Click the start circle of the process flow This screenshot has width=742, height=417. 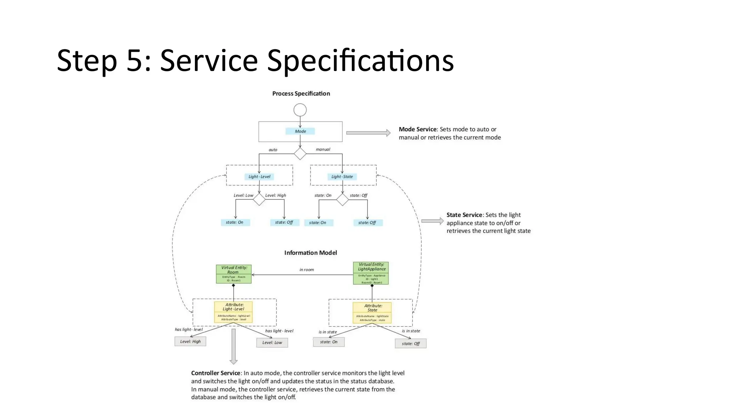300,110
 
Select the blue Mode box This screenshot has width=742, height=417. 300,131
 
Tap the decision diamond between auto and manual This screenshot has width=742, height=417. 300,153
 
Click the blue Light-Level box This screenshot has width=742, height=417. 259,177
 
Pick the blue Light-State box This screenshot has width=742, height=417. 342,177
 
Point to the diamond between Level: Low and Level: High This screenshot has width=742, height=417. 259,199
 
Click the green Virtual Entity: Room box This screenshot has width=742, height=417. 234,274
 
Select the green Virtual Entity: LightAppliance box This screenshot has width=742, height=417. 371,273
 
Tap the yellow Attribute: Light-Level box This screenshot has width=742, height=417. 233,312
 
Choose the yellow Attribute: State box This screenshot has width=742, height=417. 372,312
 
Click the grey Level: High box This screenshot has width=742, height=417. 190,341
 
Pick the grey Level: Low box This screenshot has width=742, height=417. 272,342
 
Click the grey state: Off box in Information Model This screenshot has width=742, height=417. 410,344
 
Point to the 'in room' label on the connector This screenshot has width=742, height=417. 307,270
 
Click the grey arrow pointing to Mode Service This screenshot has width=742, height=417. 368,133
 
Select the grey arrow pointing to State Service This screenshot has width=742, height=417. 432,221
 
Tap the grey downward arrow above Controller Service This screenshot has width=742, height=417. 234,346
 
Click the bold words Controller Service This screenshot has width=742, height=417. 216,373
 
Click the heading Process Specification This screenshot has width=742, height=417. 301,93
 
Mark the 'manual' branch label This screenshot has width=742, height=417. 323,149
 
